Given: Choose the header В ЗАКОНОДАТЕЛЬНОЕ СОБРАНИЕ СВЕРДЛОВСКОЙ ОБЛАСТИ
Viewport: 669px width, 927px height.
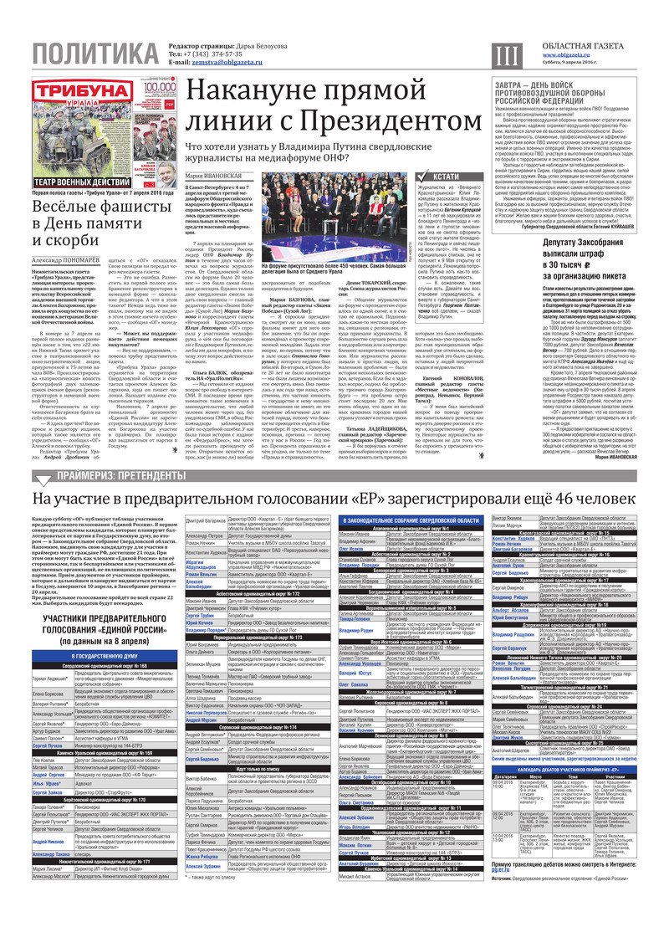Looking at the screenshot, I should pos(411,520).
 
